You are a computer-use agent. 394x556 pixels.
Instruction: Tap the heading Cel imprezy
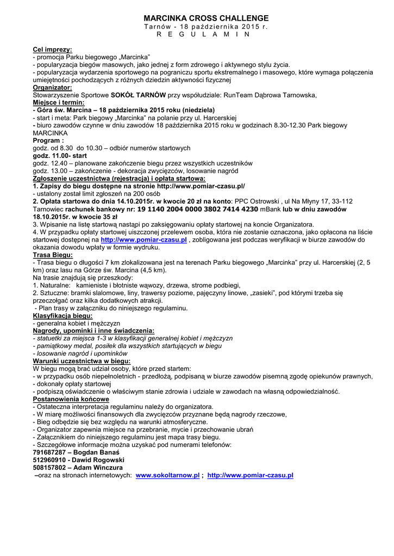(x=52, y=49)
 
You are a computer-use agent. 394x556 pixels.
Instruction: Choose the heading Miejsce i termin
(x=58, y=102)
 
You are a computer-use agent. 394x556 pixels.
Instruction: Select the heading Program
(x=48, y=140)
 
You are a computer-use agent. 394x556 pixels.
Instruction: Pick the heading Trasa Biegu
(x=53, y=254)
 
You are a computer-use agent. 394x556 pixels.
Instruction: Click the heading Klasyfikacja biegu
(x=62, y=315)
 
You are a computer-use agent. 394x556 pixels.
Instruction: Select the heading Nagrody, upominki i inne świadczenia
(x=93, y=330)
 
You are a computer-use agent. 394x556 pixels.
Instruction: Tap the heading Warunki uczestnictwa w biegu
(x=82, y=361)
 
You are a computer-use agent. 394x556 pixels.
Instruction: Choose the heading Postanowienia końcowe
(x=71, y=399)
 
